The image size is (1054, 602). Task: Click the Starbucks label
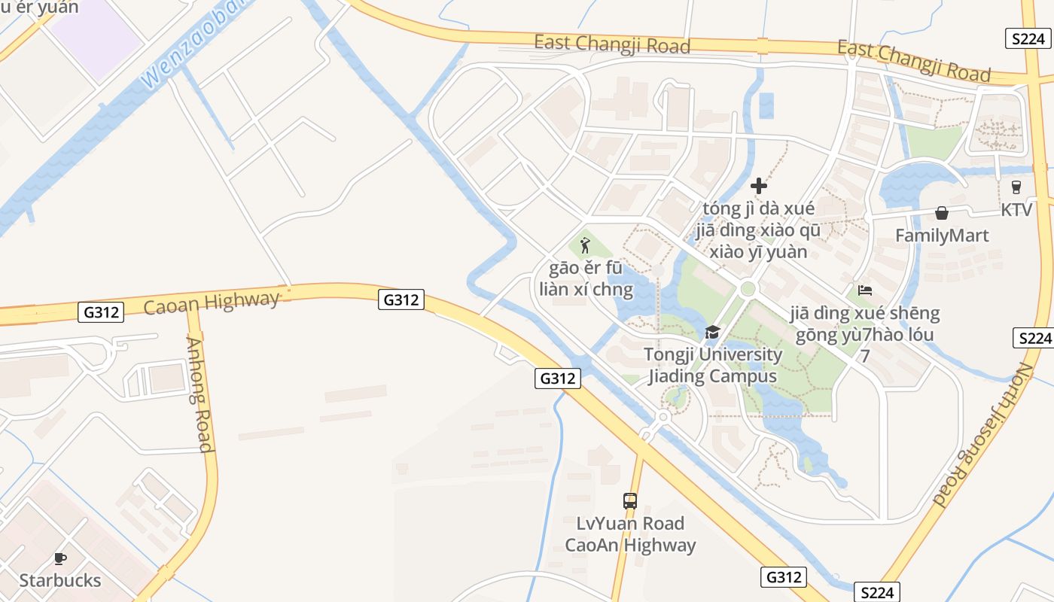(59, 580)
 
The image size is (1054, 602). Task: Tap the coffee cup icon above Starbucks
(59, 558)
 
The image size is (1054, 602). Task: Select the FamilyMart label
(942, 236)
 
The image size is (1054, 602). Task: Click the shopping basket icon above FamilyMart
(941, 214)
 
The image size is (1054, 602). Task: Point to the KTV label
(1016, 209)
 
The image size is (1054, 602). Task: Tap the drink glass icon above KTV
(1016, 187)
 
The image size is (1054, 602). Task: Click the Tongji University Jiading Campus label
(712, 365)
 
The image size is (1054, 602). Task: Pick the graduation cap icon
(711, 332)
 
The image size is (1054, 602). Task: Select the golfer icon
(585, 245)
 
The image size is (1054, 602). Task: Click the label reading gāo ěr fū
(586, 268)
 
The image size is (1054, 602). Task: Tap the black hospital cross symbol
(758, 185)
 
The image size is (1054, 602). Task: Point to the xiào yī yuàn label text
(757, 251)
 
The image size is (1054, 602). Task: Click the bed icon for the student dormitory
(864, 290)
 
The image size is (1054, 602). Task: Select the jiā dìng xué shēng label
(865, 312)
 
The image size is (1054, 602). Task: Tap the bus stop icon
(630, 500)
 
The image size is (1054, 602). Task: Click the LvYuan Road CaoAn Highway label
(630, 534)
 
